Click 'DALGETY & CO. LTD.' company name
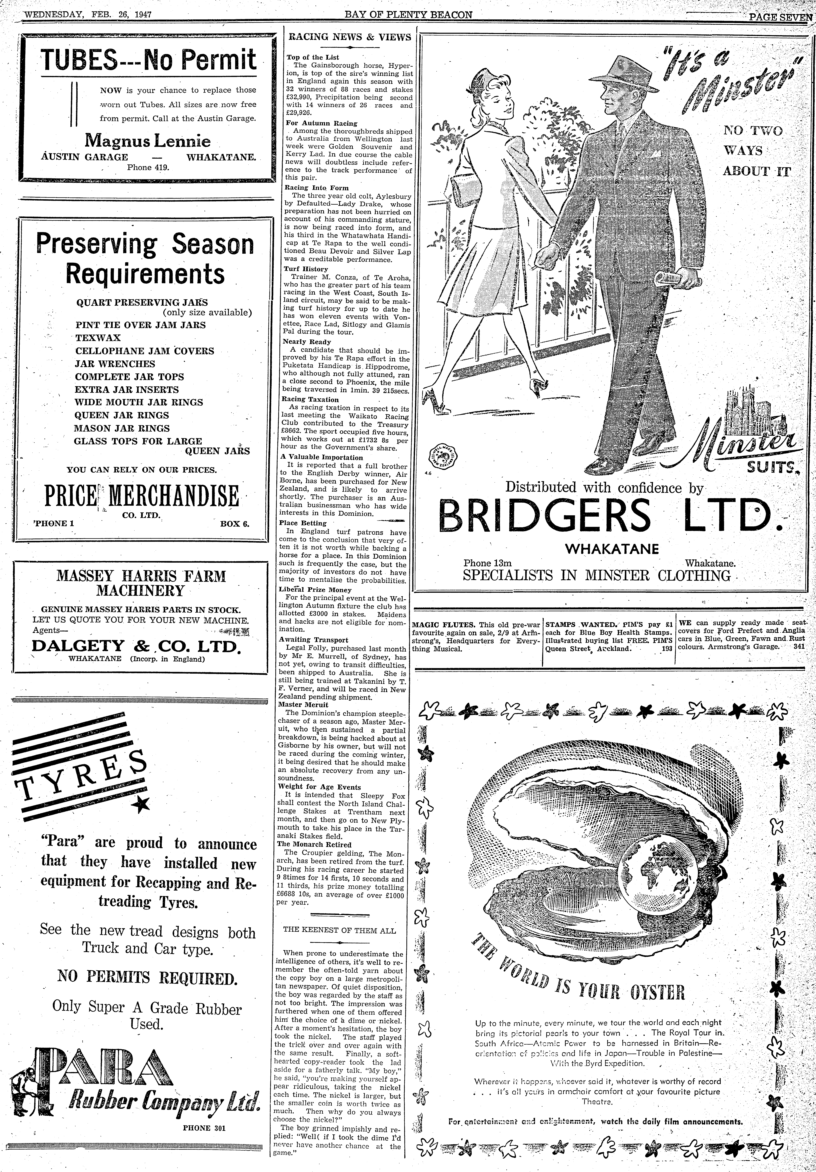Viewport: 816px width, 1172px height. (135, 646)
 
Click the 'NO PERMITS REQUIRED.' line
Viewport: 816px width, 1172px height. (148, 978)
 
